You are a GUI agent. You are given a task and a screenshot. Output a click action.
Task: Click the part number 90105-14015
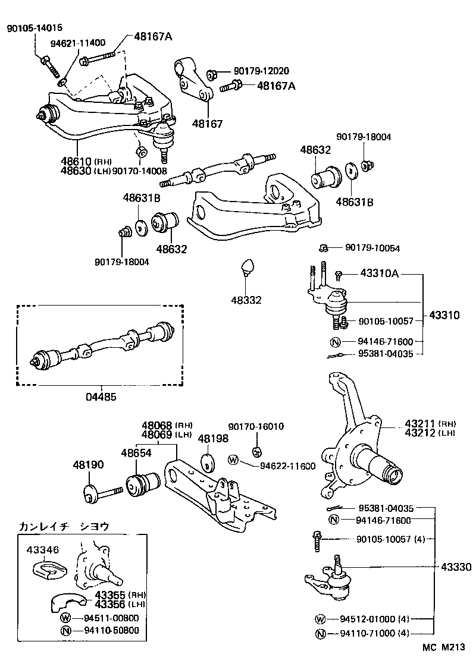[x=34, y=28]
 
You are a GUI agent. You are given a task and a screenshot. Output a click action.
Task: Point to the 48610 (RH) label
[x=78, y=161]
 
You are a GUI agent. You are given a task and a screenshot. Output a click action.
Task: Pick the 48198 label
[x=212, y=438]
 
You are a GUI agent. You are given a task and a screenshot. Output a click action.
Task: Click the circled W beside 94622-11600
[x=233, y=460]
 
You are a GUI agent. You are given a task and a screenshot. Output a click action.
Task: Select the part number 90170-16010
[x=256, y=426]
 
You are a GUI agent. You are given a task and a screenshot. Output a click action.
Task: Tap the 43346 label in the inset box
[x=43, y=550]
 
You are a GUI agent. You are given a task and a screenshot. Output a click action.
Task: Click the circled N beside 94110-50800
[x=65, y=630]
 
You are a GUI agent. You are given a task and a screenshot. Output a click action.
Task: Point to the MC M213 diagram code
[x=444, y=646]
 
